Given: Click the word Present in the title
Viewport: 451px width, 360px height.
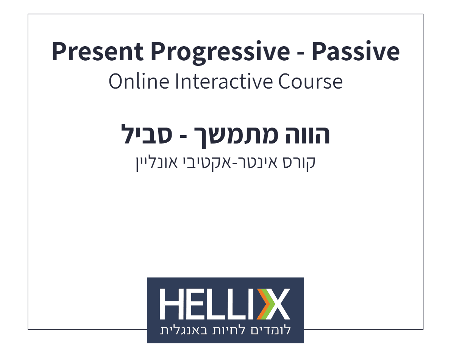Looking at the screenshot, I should (x=97, y=52).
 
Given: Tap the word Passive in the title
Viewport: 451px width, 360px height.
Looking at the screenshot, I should (x=356, y=52).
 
